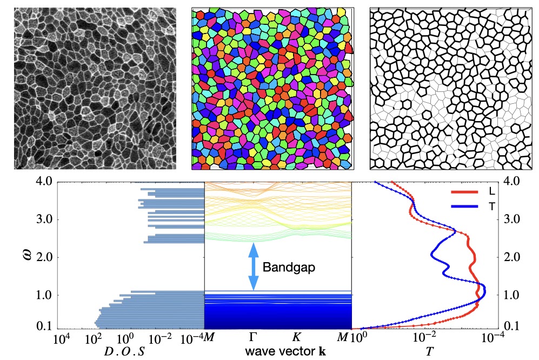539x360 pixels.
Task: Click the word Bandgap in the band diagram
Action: pos(285,266)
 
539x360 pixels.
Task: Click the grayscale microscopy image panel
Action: pos(95,89)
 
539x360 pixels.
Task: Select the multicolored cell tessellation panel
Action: pos(272,89)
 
